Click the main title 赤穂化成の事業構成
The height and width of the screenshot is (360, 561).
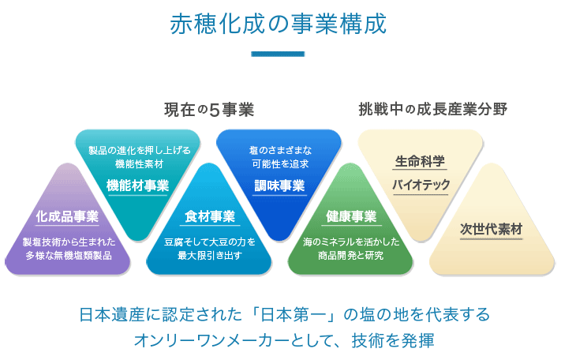pyautogui.click(x=278, y=24)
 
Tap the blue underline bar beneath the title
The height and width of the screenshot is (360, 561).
pyautogui.click(x=278, y=54)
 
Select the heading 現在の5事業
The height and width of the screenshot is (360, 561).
pyautogui.click(x=209, y=110)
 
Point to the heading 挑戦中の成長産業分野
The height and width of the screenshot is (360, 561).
pyautogui.click(x=433, y=109)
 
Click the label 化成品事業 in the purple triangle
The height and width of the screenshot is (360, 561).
pyautogui.click(x=67, y=216)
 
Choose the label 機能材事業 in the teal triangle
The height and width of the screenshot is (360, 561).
pyautogui.click(x=138, y=186)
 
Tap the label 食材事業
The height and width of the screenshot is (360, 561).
pyautogui.click(x=210, y=216)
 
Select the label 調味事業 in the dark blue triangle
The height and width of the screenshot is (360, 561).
pyautogui.click(x=279, y=186)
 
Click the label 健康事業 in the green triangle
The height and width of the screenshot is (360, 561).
pyautogui.click(x=351, y=216)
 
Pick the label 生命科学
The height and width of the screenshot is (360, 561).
pyautogui.click(x=420, y=161)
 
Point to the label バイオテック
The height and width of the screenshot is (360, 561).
pyautogui.click(x=421, y=185)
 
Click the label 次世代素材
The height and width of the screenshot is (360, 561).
pyautogui.click(x=492, y=229)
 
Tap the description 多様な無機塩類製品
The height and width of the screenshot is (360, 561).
pyautogui.click(x=69, y=256)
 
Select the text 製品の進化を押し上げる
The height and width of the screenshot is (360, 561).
pyautogui.click(x=140, y=150)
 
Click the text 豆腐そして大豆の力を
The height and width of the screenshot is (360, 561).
pyautogui.click(x=210, y=242)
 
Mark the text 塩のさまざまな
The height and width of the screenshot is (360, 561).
pyautogui.click(x=281, y=150)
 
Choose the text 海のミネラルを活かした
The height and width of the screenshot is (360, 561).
pyautogui.click(x=351, y=242)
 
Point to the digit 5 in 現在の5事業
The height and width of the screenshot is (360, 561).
pyautogui.click(x=214, y=110)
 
